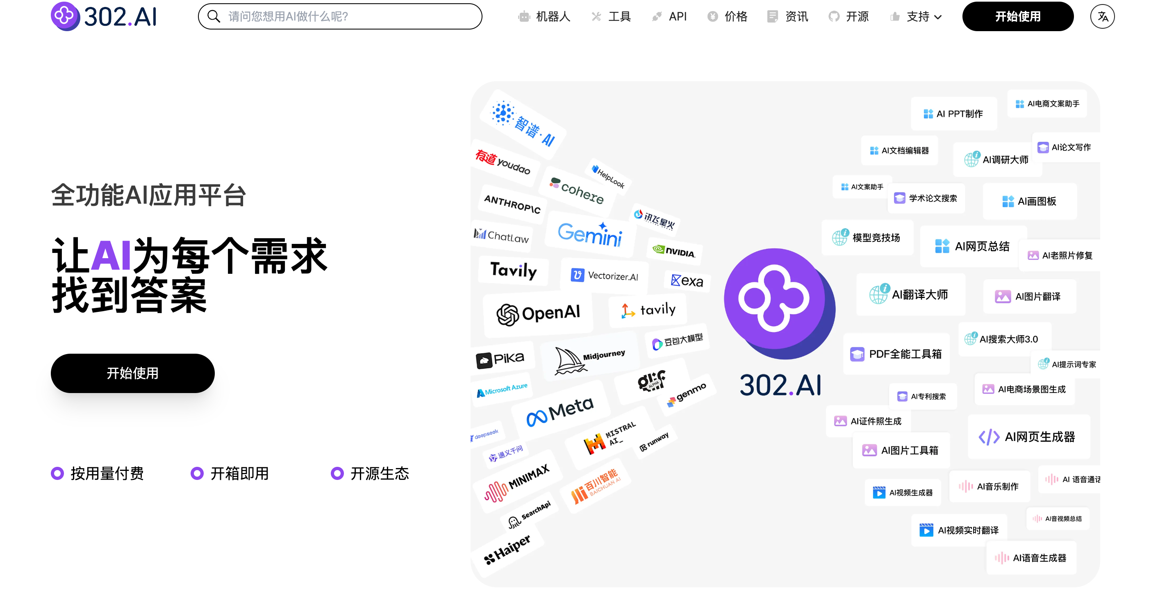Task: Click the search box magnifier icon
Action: [x=214, y=16]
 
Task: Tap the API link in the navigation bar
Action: [x=677, y=16]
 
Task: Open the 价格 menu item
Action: [x=735, y=16]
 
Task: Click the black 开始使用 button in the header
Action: [x=1017, y=16]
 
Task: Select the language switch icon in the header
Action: [x=1102, y=16]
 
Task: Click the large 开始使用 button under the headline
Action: [x=132, y=373]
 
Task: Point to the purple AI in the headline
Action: [x=111, y=255]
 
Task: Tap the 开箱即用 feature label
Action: [x=239, y=473]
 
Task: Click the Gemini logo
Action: [x=590, y=233]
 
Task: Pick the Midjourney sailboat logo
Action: [x=569, y=360]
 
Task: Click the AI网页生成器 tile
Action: [x=1028, y=436]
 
